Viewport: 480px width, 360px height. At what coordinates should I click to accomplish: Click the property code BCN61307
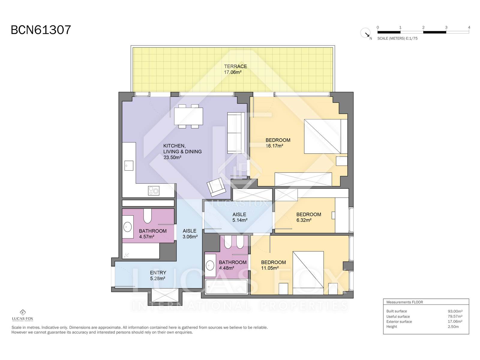pos(41,30)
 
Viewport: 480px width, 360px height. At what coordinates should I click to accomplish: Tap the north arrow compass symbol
pos(365,33)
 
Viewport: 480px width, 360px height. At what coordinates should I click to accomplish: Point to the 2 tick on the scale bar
pos(423,28)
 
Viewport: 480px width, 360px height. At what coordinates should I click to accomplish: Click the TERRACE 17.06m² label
pos(235,69)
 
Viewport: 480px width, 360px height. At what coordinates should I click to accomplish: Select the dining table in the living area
pos(188,116)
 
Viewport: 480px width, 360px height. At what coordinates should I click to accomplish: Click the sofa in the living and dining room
pos(236,133)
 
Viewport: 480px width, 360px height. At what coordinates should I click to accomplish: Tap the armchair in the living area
pos(216,187)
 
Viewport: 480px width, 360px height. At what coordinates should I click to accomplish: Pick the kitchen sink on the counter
pos(129,166)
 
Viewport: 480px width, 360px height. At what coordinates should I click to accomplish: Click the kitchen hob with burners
pos(154,190)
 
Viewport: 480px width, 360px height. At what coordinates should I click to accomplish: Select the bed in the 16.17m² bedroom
pos(325,136)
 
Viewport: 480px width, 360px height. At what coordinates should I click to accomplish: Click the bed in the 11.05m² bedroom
pos(308,273)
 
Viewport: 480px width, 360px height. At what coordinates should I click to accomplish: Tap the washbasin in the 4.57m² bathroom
pos(127,227)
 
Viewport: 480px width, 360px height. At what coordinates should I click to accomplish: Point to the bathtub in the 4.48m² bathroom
pos(226,286)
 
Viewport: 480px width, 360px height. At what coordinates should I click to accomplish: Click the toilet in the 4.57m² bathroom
pos(147,216)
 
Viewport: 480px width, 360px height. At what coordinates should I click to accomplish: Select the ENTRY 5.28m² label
pos(158,275)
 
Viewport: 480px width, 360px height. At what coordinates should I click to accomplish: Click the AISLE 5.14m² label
pos(240,217)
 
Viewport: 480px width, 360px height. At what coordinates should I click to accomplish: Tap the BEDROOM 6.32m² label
pos(309,217)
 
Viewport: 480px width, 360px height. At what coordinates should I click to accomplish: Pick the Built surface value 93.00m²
pos(455,311)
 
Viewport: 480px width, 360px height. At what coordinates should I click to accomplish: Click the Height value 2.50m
pos(453,327)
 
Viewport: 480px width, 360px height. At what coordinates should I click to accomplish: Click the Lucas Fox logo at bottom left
pos(22,315)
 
